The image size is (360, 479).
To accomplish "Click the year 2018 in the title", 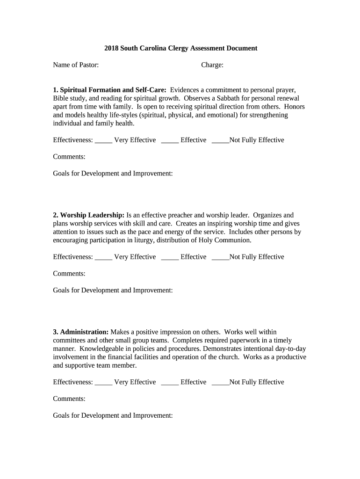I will coord(111,48).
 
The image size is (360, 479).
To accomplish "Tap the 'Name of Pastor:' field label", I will coord(76,65).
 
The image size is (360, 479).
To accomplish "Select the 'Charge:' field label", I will coord(212,65).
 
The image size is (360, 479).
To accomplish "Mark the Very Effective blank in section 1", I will coord(103,140).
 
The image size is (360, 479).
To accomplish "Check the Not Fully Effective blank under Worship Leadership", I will coord(220,257).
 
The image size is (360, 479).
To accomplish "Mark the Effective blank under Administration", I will coord(170,383).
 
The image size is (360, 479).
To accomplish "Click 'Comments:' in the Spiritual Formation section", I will coord(69,157).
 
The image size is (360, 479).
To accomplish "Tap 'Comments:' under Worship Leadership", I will coord(69,274).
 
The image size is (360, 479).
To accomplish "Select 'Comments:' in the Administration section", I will coord(69,399).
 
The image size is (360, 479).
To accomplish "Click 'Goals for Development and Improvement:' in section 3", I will coord(113,415).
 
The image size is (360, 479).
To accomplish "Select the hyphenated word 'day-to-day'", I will coord(290,349).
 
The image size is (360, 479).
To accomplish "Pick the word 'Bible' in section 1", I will coord(61,98).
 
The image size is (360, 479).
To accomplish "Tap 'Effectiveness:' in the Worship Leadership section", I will coord(73,257).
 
